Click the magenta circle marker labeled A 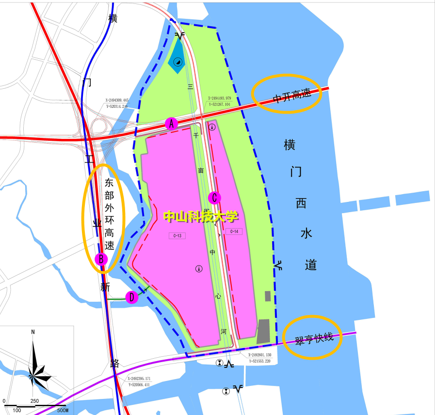pos(171,123)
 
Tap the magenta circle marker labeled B pos(101,259)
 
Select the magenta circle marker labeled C pos(214,198)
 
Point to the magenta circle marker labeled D pos(131,297)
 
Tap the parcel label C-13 pos(177,236)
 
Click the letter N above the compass pos(33,332)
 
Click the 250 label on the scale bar pos(34,401)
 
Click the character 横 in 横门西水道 pos(290,145)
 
